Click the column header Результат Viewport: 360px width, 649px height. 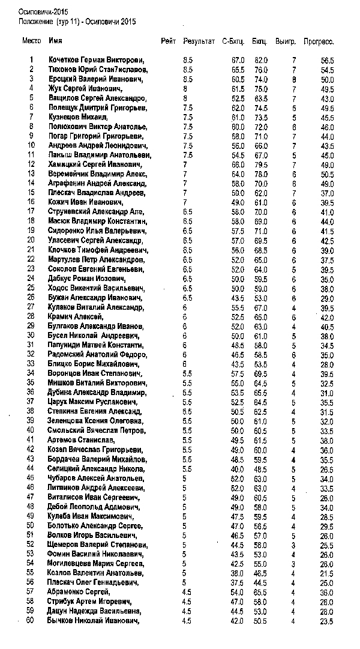pyautogui.click(x=199, y=41)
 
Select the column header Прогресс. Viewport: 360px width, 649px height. pyautogui.click(x=318, y=41)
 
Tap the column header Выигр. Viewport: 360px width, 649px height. pyautogui.click(x=286, y=41)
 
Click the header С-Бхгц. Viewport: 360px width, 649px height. pyautogui.click(x=233, y=41)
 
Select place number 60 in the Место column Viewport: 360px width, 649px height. pyautogui.click(x=30, y=621)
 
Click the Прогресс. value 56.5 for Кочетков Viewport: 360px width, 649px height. pyautogui.click(x=327, y=61)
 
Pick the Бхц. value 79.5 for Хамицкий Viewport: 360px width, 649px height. pyautogui.click(x=260, y=164)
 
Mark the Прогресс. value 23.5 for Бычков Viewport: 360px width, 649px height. pyautogui.click(x=327, y=621)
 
